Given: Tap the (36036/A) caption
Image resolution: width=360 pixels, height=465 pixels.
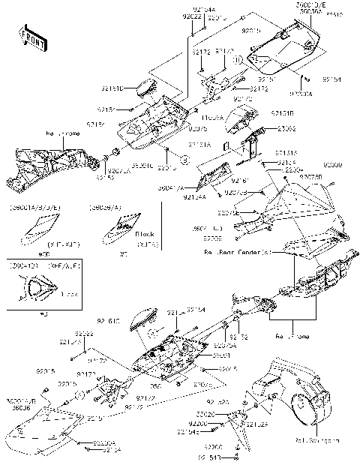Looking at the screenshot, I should coord(103,205).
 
